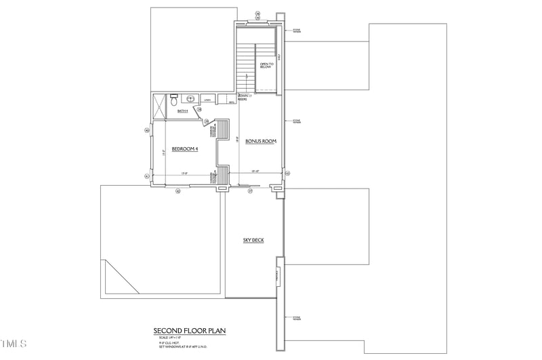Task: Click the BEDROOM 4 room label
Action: [x=184, y=148]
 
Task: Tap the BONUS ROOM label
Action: [x=261, y=142]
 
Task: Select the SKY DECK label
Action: [x=253, y=240]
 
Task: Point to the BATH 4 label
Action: [x=183, y=111]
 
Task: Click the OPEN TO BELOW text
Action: [x=267, y=66]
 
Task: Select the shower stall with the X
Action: [x=159, y=105]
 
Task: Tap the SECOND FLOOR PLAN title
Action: [x=189, y=331]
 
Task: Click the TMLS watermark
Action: [x=14, y=343]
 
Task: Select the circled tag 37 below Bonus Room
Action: [x=250, y=191]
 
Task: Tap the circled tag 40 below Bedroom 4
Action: [x=178, y=191]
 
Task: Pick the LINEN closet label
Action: [x=207, y=100]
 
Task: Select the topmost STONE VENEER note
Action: [x=296, y=31]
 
